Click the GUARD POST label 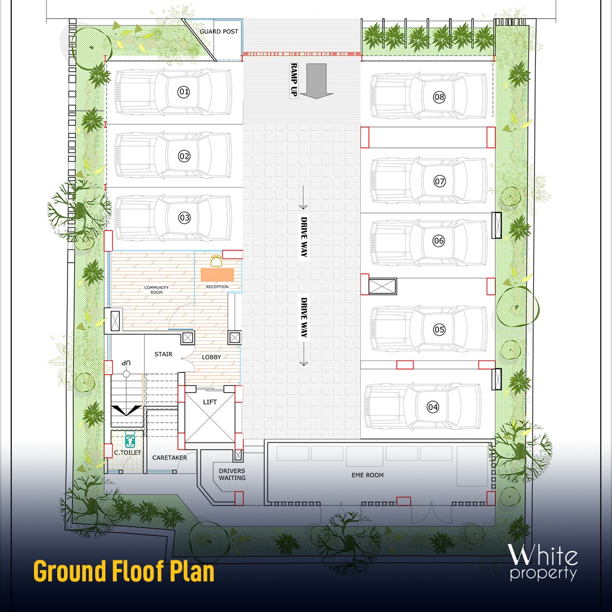tap(219, 31)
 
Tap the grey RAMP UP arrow tap(316, 81)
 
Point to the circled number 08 tap(439, 97)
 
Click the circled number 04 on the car tap(433, 407)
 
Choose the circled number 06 tap(439, 240)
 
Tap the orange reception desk tap(218, 274)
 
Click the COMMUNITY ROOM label tap(156, 290)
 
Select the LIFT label tap(210, 402)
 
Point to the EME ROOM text tap(368, 475)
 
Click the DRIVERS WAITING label tap(232, 474)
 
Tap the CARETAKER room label tap(169, 457)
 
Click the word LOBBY tap(211, 357)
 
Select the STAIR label tap(163, 354)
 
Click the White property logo tap(542, 562)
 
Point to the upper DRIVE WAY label tap(304, 237)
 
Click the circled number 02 tap(184, 156)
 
